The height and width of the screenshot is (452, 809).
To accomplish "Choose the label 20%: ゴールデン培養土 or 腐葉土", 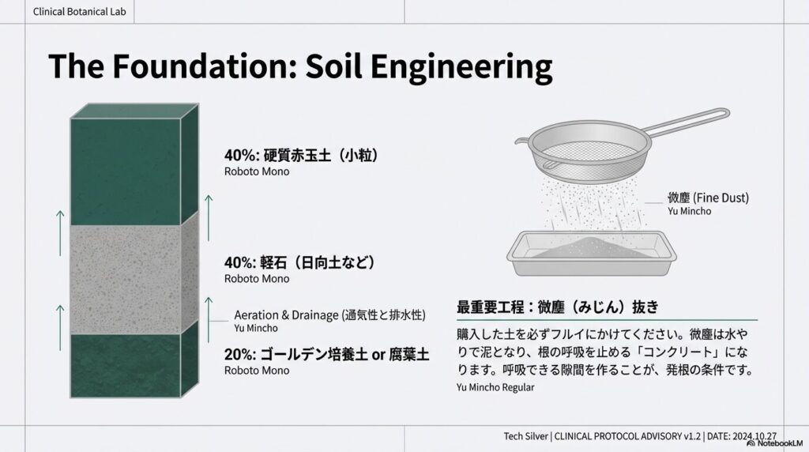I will (x=326, y=355).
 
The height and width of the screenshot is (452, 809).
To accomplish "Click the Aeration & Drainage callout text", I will (x=330, y=315).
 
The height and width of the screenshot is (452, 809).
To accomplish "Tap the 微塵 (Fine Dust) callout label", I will (x=708, y=197).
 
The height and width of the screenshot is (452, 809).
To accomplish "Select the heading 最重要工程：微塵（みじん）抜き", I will (x=558, y=306).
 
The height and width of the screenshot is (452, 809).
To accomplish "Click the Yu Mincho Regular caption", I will (x=495, y=387).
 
